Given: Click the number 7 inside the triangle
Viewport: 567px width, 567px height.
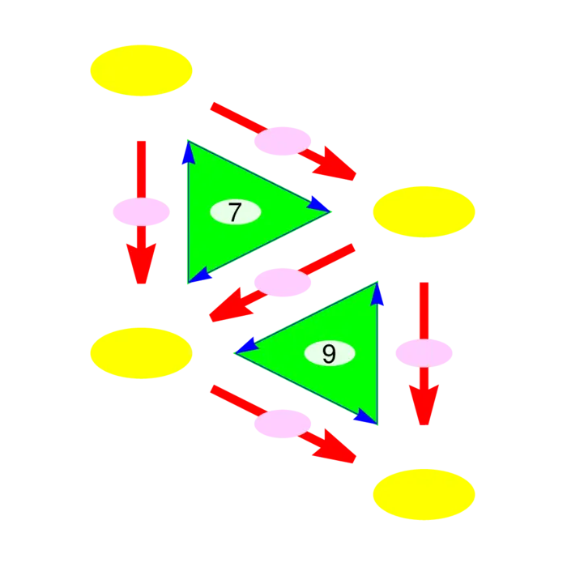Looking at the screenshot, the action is click(x=235, y=212).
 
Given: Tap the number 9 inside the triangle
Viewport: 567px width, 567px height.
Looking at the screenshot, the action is click(x=329, y=353).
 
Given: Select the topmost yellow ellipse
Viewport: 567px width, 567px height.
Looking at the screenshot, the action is click(x=142, y=70).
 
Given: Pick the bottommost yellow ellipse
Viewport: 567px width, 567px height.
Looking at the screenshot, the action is click(x=424, y=494).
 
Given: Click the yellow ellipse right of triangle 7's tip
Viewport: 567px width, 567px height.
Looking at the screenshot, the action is click(x=424, y=212).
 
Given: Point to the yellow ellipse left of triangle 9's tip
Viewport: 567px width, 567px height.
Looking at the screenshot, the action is click(x=142, y=353).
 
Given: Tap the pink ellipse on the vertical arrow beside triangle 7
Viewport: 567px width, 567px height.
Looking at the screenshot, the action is click(x=142, y=212).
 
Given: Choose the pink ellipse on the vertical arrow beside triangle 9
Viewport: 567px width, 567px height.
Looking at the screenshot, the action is click(x=424, y=353).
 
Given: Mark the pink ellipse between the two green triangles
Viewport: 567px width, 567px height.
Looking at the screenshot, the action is click(x=283, y=283).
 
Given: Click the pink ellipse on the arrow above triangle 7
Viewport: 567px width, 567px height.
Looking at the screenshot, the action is click(x=283, y=141).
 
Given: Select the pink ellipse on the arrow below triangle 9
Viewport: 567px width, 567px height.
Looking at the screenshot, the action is click(x=283, y=424).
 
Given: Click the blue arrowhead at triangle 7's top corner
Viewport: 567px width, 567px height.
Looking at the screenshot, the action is click(x=189, y=152).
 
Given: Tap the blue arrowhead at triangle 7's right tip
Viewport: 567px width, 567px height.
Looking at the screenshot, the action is click(x=318, y=204).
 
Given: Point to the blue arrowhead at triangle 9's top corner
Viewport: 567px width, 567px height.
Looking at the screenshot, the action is click(x=377, y=294).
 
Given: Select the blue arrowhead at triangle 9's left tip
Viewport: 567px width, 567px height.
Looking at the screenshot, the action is click(x=247, y=346).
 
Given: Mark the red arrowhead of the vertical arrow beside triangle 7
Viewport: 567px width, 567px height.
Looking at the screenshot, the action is click(x=142, y=263).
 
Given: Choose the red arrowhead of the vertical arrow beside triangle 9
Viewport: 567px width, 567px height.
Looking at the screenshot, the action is click(x=424, y=405).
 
